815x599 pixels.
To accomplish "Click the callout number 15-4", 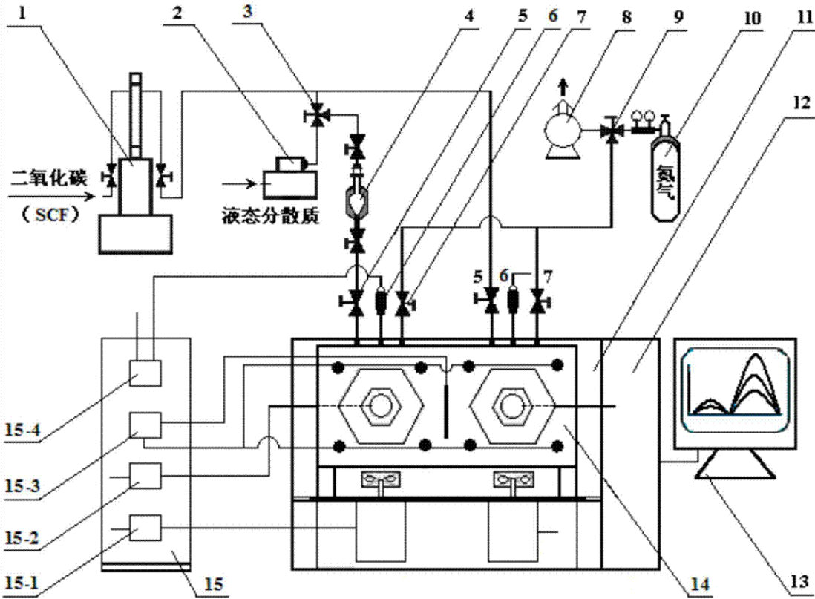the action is coord(22,431).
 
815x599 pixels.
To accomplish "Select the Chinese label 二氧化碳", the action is coord(50,179).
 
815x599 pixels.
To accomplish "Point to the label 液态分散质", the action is coord(270,216).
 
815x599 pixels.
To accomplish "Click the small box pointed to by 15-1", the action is coord(145,528).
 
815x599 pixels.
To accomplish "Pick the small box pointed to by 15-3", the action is coord(145,425).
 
